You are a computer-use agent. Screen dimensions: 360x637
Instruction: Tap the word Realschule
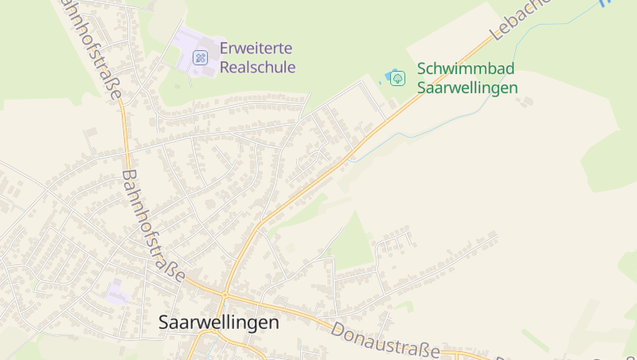click(x=257, y=67)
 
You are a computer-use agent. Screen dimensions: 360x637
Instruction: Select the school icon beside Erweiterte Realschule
click(x=200, y=57)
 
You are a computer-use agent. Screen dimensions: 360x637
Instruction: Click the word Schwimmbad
click(x=466, y=69)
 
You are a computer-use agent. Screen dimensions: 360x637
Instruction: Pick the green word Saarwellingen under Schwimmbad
click(x=467, y=88)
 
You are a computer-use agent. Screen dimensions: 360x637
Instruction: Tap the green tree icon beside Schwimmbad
click(x=398, y=78)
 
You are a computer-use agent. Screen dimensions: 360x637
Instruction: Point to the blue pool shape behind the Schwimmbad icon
click(x=388, y=77)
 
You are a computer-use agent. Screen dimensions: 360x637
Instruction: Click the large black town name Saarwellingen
click(x=219, y=323)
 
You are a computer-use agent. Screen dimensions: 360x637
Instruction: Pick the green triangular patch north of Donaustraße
click(x=354, y=243)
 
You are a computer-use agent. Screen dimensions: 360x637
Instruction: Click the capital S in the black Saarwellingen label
click(x=165, y=323)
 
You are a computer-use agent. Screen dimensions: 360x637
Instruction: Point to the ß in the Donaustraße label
click(x=422, y=349)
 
